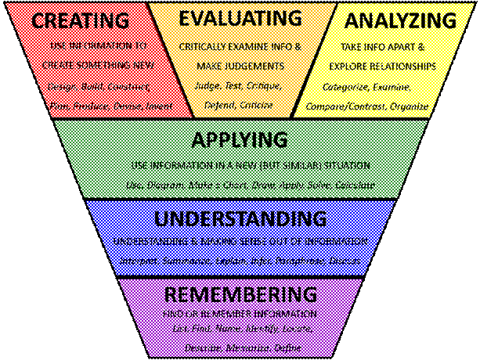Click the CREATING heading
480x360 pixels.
click(x=81, y=20)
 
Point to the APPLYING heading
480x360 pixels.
click(x=240, y=140)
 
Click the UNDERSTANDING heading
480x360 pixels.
click(x=240, y=218)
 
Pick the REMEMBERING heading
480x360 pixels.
click(x=240, y=294)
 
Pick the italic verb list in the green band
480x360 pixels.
click(x=250, y=185)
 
